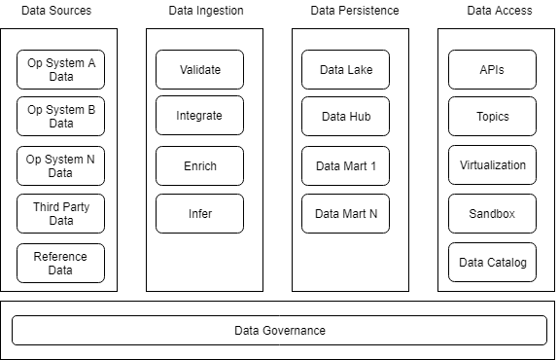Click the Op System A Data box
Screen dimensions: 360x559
pos(60,69)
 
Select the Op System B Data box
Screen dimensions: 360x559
pos(60,117)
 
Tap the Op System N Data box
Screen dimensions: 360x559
pos(60,165)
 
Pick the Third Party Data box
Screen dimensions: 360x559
pos(60,214)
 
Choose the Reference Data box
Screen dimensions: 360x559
pos(60,263)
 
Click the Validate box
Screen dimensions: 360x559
pos(199,70)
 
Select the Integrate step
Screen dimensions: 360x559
pos(199,116)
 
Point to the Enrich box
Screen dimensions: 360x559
pos(199,166)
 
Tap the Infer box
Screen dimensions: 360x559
pos(199,214)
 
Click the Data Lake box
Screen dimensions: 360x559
pos(345,70)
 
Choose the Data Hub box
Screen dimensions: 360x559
pos(345,117)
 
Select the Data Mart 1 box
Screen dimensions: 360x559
pos(345,166)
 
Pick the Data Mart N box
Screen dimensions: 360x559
pos(345,214)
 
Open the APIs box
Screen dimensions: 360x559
pos(492,70)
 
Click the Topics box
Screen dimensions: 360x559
pos(492,117)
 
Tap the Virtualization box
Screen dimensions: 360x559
pos(492,165)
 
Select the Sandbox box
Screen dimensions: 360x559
pos(492,214)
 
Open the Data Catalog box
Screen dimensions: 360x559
pos(492,263)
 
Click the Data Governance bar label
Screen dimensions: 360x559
pos(280,331)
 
